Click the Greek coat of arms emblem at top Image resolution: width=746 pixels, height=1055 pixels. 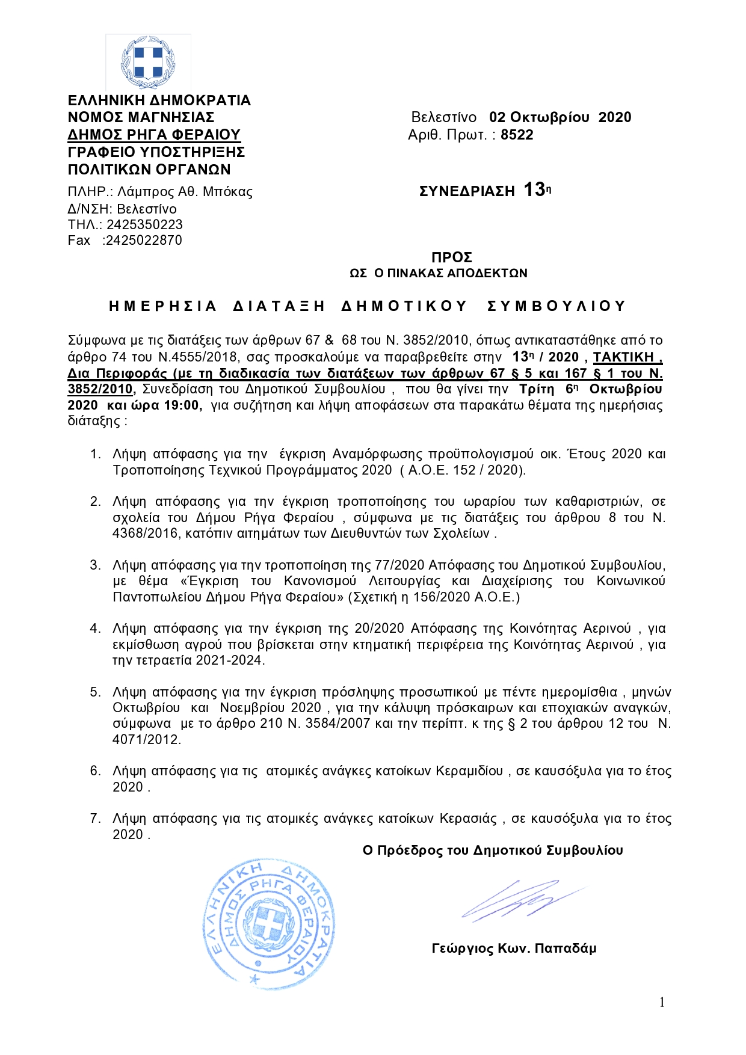(x=148, y=63)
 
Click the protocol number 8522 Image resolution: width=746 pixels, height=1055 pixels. (x=517, y=135)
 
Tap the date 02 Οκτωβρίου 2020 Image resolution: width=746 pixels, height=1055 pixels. (x=560, y=117)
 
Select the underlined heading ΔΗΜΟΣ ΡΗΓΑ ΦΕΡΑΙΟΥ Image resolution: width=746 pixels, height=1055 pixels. (x=154, y=134)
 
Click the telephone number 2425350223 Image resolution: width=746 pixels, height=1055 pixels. (x=144, y=224)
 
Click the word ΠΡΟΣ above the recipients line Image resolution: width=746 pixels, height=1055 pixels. (x=452, y=257)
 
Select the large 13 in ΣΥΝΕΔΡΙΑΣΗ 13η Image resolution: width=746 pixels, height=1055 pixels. (x=534, y=190)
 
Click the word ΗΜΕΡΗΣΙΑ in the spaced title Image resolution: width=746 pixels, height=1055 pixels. (x=162, y=306)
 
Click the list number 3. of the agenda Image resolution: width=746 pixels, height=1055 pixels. (x=96, y=565)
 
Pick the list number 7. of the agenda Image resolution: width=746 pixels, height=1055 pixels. (x=96, y=818)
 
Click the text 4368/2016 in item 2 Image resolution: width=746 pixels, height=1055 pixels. (x=145, y=533)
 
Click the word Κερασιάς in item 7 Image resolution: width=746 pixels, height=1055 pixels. (x=469, y=819)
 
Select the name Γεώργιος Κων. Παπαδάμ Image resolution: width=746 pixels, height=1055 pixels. (x=514, y=949)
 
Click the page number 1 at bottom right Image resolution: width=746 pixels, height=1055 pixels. (x=662, y=1002)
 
